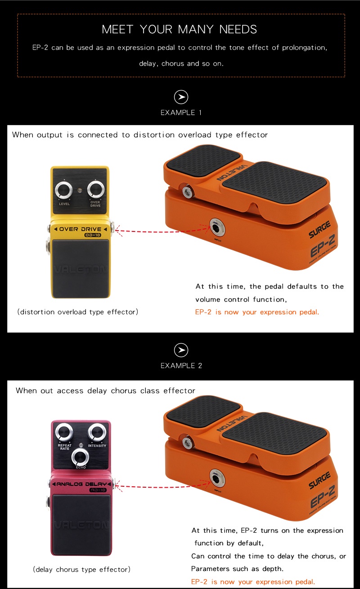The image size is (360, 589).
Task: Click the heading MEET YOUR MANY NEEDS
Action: (x=179, y=30)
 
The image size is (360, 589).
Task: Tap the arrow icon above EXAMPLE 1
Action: (x=181, y=97)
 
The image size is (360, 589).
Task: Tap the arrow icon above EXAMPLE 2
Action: (x=181, y=350)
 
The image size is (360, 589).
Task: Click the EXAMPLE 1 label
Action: (x=181, y=113)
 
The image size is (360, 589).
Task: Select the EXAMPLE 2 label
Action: (x=181, y=366)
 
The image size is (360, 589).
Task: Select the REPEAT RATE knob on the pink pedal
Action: (x=64, y=433)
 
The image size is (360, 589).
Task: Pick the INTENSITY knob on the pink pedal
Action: (x=97, y=433)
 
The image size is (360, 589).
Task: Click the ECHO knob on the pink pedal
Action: (x=81, y=456)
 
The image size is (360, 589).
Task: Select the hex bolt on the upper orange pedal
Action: (x=187, y=193)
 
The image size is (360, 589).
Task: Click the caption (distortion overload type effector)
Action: (x=77, y=312)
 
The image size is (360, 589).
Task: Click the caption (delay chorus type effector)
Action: (x=81, y=570)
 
